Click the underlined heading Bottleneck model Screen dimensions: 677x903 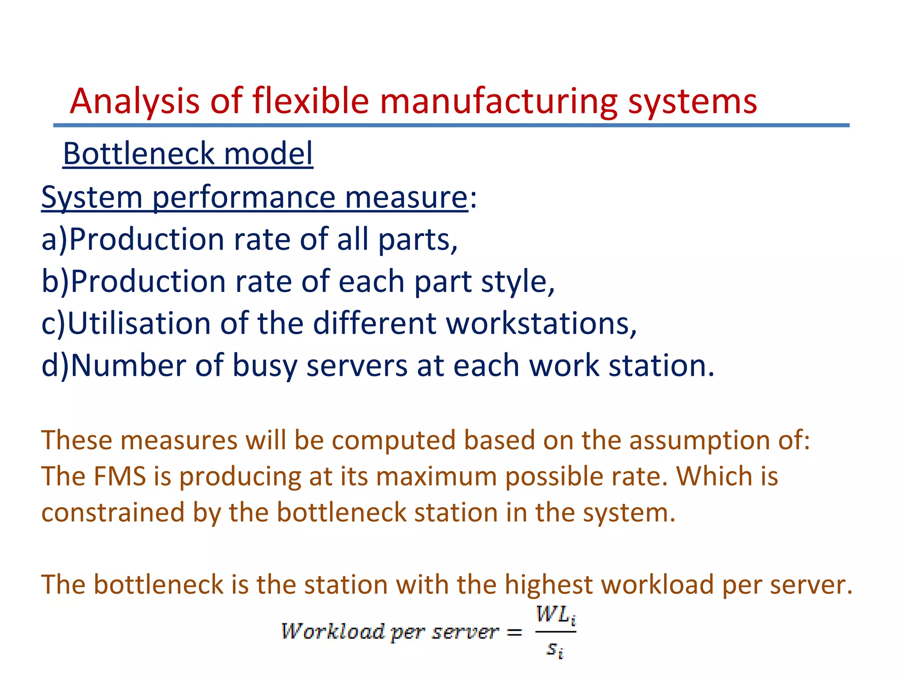pos(188,154)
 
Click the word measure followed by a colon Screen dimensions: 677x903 pos(406,197)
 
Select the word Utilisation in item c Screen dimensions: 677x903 pos(139,324)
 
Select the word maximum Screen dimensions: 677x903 pos(437,476)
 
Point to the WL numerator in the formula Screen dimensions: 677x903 pos(554,614)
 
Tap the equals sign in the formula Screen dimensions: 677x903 pos(514,633)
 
